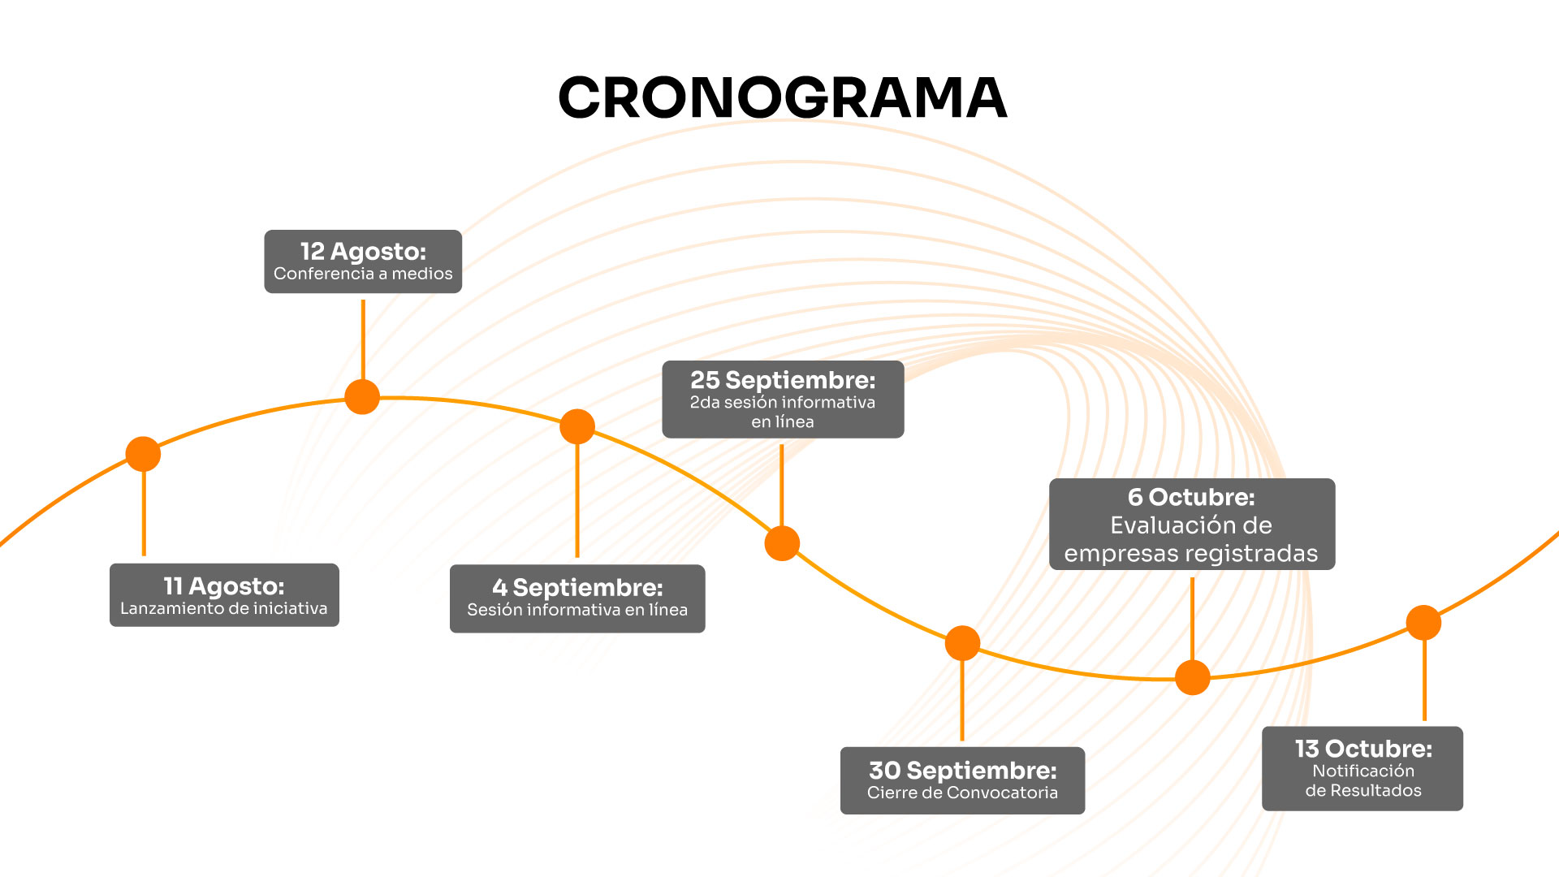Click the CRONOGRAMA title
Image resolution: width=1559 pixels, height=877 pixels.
coord(782,97)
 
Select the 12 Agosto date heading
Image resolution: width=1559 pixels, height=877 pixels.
coord(363,251)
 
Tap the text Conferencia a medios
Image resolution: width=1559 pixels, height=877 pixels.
coord(363,274)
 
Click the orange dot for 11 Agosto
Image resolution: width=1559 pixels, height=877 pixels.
coord(143,454)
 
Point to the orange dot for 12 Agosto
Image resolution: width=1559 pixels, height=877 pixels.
coord(362,397)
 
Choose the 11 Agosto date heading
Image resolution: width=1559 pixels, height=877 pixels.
coord(224,585)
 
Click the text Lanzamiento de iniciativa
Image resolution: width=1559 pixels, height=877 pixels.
coord(224,608)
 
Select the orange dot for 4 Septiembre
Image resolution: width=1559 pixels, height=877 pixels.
coord(577,426)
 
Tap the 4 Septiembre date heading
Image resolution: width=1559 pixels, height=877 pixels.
coord(577,587)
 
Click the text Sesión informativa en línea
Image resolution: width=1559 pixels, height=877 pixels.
coord(577,610)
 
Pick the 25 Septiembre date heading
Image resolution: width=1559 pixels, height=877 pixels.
coord(783,380)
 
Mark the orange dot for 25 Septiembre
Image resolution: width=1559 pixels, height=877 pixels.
coord(782,543)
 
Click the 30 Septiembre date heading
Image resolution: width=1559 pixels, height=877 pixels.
coord(963,770)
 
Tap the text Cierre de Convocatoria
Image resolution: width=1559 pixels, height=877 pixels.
coord(962,793)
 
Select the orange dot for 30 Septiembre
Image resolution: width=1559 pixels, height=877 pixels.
coord(962,643)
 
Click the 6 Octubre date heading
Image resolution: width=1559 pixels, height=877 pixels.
coord(1191,497)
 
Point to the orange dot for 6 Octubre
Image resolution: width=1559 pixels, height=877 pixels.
coord(1193,677)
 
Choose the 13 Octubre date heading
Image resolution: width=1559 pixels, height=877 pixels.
coord(1363,748)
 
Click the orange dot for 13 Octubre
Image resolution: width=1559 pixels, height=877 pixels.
coord(1423,623)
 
